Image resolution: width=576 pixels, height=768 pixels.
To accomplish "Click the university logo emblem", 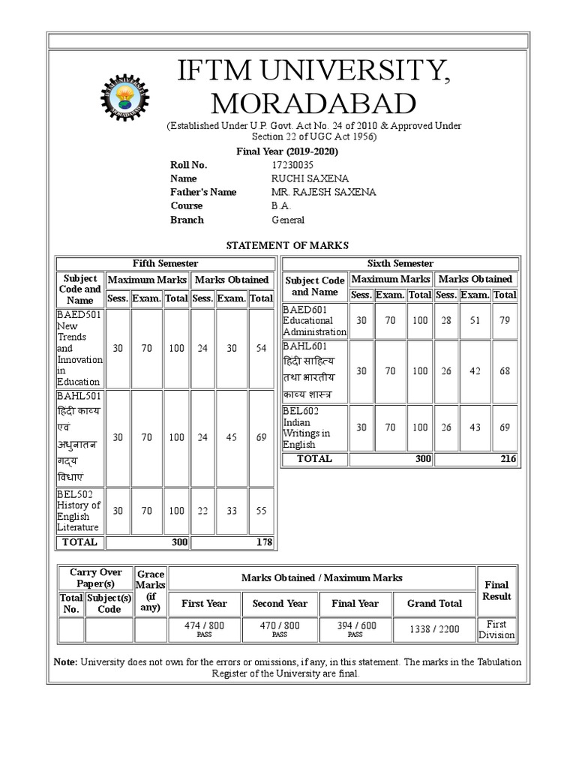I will coord(125,97).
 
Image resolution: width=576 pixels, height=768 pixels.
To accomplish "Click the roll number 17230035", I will coord(293,165).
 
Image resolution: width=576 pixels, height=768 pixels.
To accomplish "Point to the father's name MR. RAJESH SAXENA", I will coord(323,192).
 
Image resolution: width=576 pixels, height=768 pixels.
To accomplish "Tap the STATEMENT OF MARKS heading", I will coord(287,245).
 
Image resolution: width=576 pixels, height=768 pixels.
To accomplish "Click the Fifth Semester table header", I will coord(165,263).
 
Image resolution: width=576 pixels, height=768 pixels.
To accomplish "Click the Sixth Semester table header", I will coord(400,263).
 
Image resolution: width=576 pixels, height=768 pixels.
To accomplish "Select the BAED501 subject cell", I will coord(79,348).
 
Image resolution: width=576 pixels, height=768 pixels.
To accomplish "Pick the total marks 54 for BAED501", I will coord(261,349).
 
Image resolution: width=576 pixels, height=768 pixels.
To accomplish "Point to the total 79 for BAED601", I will coord(505,321).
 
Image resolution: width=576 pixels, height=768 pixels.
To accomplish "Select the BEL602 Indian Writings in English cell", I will coord(315,427).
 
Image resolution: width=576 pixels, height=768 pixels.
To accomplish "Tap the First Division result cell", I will coord(496,629).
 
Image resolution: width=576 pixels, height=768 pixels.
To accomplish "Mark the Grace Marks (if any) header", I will coord(151,590).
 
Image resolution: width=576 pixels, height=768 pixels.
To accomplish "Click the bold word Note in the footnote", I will coord(65,662).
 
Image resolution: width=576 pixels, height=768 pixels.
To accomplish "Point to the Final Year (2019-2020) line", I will coord(287,151).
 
